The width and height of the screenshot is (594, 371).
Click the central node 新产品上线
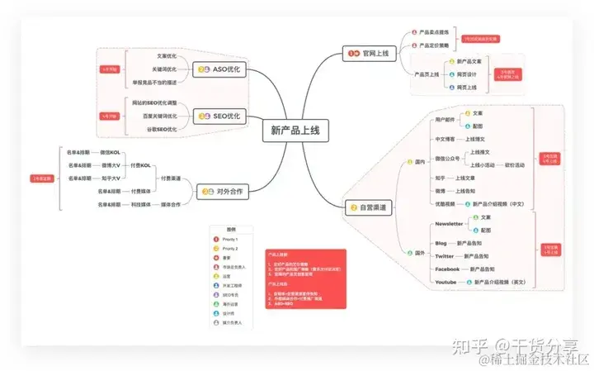pyautogui.click(x=295, y=130)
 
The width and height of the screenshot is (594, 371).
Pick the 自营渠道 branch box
pyautogui.click(x=370, y=208)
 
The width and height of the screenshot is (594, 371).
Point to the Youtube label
pyautogui.click(x=446, y=283)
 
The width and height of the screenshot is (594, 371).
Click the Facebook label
pyautogui.click(x=447, y=269)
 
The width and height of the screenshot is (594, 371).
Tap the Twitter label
pyautogui.click(x=445, y=257)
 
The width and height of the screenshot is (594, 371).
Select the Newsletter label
pyautogui.click(x=449, y=224)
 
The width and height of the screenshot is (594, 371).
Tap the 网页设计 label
pyautogui.click(x=467, y=74)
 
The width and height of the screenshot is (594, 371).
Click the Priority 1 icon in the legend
pyautogui.click(x=215, y=239)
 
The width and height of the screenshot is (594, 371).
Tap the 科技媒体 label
pyautogui.click(x=134, y=204)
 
